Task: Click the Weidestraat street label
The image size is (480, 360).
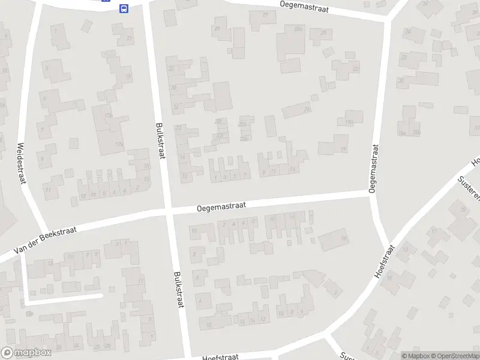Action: [24, 164]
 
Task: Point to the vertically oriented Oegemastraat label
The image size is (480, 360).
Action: [373, 169]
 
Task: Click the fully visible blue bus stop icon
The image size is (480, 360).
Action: [124, 8]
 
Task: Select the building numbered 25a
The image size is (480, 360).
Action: [298, 28]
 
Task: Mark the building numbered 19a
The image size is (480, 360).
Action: [349, 122]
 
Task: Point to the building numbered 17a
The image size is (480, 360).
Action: [108, 115]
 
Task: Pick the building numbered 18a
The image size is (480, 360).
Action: [402, 133]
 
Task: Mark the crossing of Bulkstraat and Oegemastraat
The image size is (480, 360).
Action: [169, 211]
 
